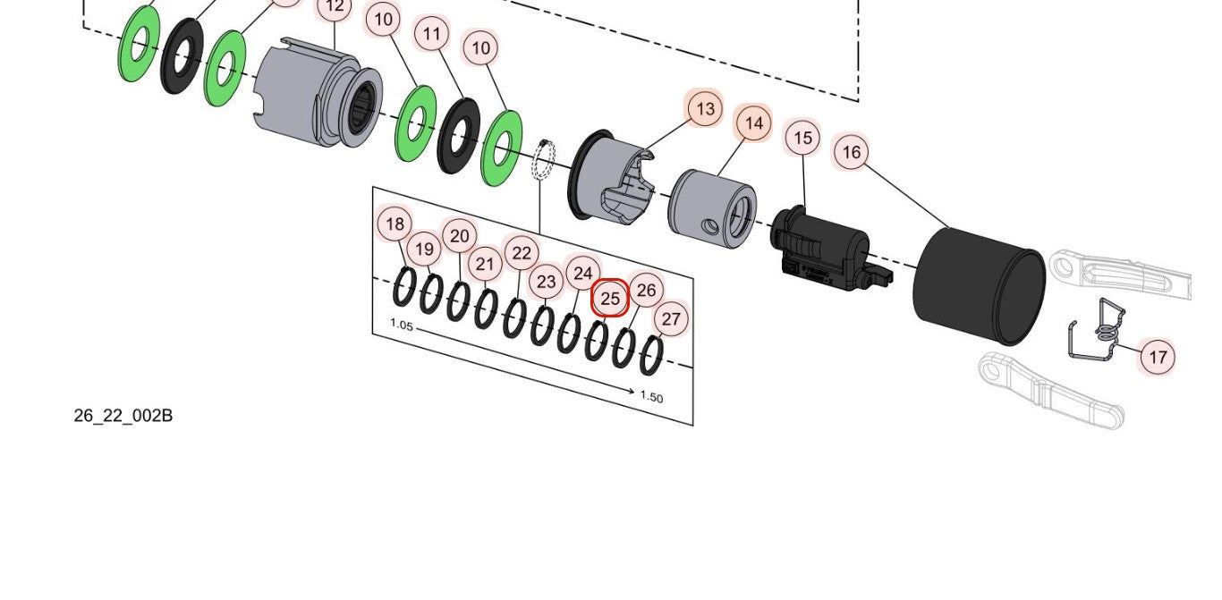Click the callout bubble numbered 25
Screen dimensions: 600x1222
[610, 298]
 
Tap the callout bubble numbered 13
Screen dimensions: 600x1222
[705, 108]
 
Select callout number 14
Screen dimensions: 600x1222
[753, 123]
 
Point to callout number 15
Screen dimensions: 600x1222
[802, 138]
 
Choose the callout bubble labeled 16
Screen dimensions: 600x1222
[851, 152]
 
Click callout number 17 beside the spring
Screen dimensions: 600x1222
[1158, 357]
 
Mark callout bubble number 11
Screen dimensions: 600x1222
[432, 35]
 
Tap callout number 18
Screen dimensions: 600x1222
[395, 224]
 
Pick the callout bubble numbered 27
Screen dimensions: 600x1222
[671, 319]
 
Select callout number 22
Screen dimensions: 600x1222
[521, 253]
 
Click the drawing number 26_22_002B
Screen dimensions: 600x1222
[123, 416]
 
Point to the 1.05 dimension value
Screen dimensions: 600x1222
[402, 325]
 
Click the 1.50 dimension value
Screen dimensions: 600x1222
[651, 397]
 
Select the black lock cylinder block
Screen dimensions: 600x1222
[821, 249]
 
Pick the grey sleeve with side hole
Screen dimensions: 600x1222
[712, 208]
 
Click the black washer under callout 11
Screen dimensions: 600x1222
[458, 136]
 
